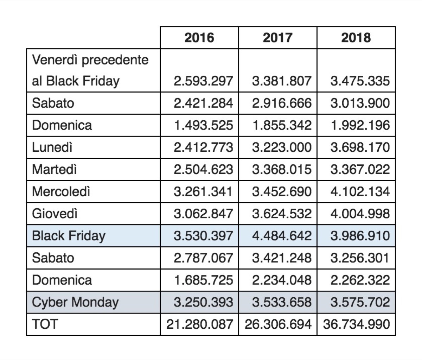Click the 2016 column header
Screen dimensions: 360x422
click(199, 38)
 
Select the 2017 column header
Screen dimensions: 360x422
click(277, 38)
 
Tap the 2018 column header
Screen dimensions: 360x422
click(356, 38)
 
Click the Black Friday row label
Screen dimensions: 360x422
click(69, 236)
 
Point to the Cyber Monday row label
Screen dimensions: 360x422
click(75, 302)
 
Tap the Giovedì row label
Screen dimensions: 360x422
click(55, 214)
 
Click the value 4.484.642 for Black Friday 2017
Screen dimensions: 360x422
click(282, 236)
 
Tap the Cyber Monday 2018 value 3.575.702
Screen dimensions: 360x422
click(360, 302)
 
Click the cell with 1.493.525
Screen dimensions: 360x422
click(203, 125)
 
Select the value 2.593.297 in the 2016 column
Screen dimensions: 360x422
click(203, 81)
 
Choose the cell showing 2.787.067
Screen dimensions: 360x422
click(203, 258)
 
